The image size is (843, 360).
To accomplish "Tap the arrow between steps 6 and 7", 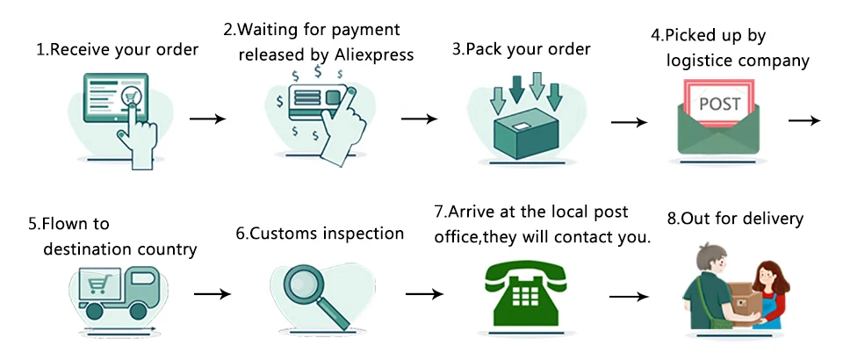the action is point(424,294).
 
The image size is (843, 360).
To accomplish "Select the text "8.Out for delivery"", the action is point(735,218).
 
